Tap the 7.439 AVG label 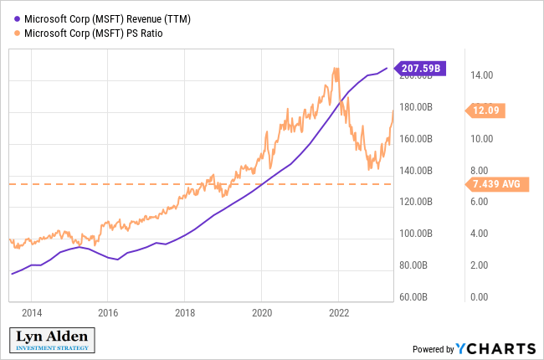tap(489, 184)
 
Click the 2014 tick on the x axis tap(32, 313)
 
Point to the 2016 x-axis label tap(108, 313)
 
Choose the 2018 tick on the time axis tap(185, 313)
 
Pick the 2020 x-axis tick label tap(261, 313)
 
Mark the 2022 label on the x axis tap(338, 313)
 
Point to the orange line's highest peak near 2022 tap(336, 69)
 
